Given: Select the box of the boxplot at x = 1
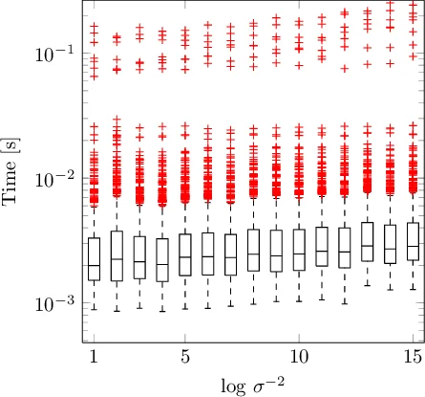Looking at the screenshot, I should point(94,258).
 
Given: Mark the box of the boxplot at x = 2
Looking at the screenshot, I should point(117,256).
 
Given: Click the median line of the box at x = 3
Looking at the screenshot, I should point(139,262).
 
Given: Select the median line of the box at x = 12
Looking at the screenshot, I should point(345,252).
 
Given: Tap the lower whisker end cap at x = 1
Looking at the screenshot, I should point(94,307).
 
